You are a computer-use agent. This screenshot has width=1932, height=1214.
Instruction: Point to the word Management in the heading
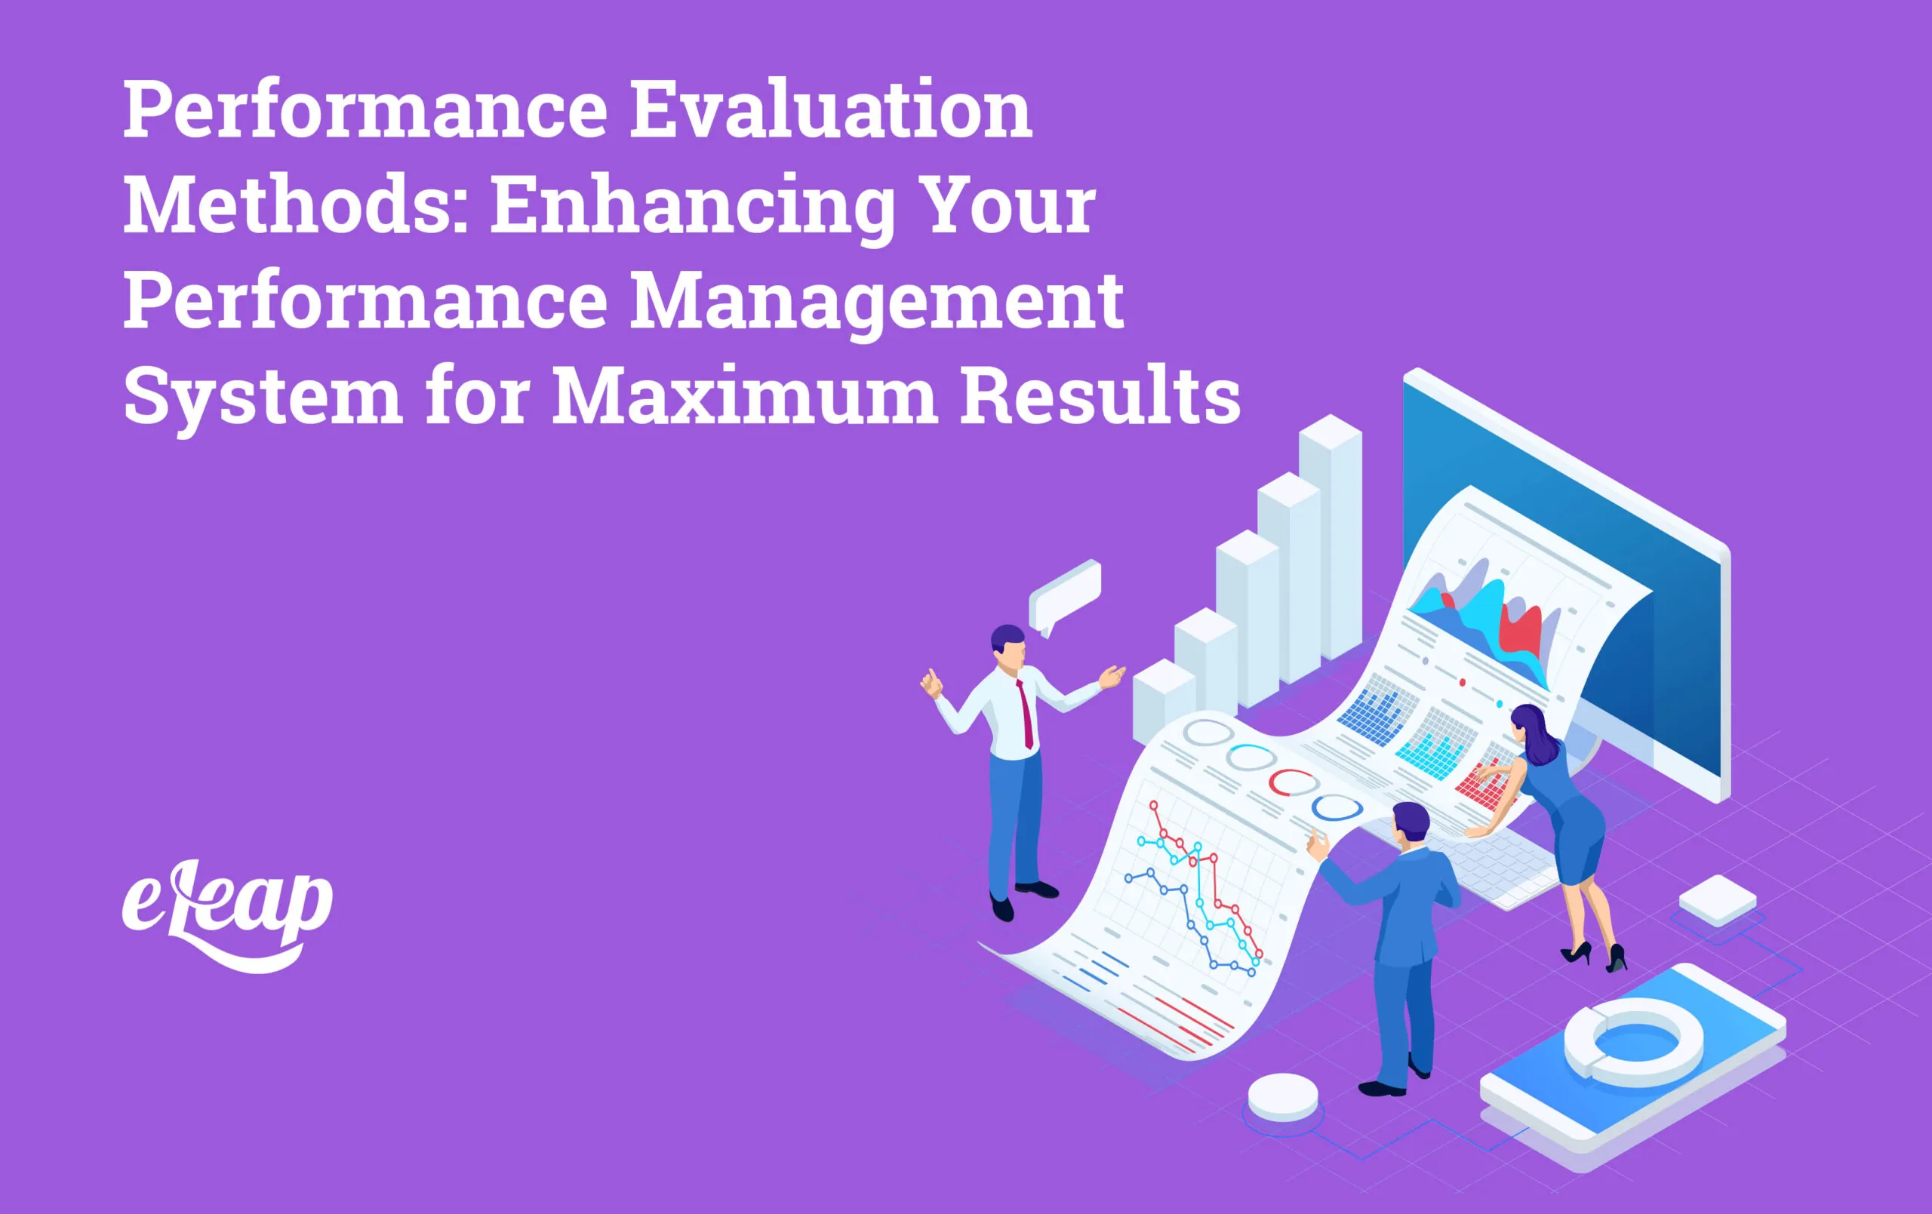876,301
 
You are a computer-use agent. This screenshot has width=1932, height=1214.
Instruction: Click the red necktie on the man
1026,714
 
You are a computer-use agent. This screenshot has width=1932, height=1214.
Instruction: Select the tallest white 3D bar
1330,538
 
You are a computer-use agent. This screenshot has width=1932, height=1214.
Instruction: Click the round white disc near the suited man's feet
1283,1096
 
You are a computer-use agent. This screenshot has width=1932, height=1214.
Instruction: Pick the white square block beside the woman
1717,899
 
